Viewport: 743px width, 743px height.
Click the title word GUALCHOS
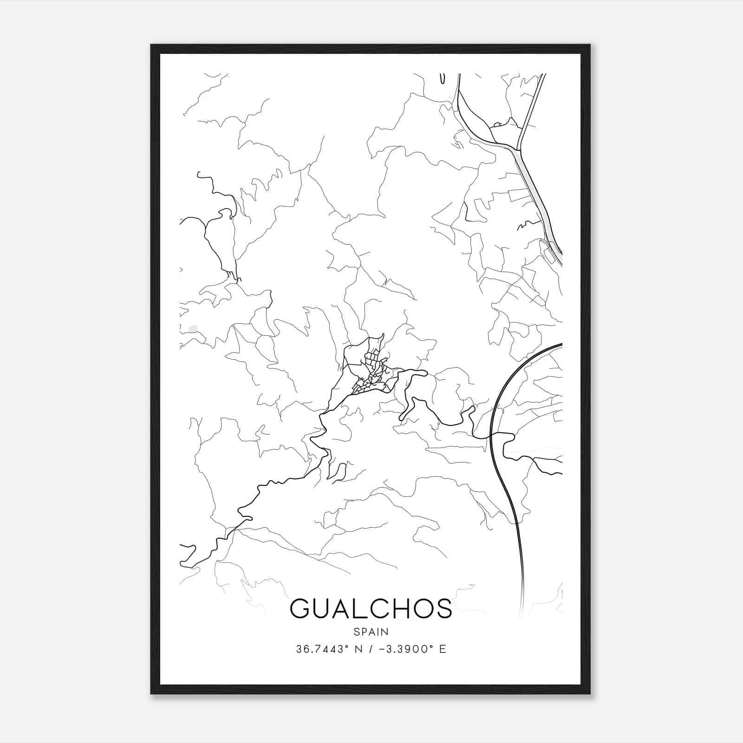pos(371,608)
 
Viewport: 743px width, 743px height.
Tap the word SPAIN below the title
pos(371,632)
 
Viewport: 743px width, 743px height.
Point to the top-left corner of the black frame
pos(151,45)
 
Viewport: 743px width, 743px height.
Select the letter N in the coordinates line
pos(358,649)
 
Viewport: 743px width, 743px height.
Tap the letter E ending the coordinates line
pos(443,649)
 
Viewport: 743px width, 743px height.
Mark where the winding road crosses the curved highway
pos(491,437)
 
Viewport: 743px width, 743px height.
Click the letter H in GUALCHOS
pos(400,608)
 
